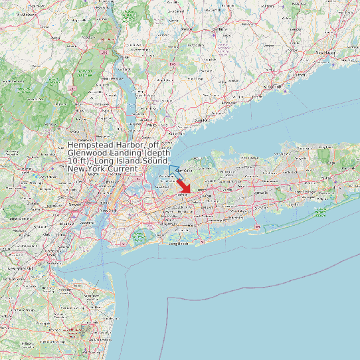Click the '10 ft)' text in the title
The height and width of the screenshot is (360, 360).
pos(79,161)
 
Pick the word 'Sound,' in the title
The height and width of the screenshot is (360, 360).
pos(155,161)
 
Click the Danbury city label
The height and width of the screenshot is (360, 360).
pos(218,30)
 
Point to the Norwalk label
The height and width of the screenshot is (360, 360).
pos(229,104)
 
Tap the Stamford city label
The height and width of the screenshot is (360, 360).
pos(203,120)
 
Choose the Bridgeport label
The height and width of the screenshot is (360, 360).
pos(270,87)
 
